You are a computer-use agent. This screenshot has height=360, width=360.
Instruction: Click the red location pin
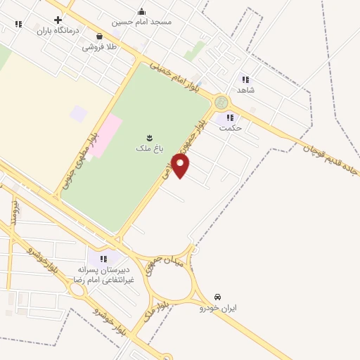(x=181, y=165)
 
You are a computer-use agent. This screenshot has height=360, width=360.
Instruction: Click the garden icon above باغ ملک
(x=148, y=136)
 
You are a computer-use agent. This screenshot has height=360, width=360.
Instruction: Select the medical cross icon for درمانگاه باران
(x=58, y=20)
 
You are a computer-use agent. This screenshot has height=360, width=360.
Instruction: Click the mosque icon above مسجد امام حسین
(x=142, y=11)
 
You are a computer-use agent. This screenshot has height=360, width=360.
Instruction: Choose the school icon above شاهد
(x=245, y=79)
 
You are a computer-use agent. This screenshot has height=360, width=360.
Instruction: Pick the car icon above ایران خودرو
(x=218, y=297)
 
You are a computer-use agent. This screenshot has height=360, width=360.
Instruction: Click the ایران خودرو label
(x=218, y=308)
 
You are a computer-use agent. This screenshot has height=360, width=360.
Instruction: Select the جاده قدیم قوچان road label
(x=330, y=155)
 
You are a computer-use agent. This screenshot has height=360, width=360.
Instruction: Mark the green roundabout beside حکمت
(x=222, y=103)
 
